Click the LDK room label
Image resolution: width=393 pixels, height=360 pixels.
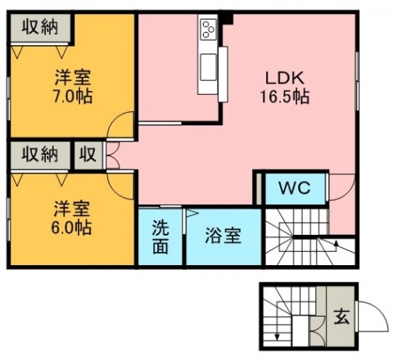pos(285,78)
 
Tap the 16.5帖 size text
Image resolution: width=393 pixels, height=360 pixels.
pos(285,97)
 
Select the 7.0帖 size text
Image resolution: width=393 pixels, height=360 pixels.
pos(73,96)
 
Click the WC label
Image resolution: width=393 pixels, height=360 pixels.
pos(295,187)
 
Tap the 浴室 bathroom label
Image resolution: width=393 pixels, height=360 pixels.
pos(224,236)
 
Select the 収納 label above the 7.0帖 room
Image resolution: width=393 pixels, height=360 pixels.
pos(40,27)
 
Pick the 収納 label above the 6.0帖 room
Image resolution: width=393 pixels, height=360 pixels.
pos(40,154)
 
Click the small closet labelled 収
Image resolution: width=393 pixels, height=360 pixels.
pos(88,155)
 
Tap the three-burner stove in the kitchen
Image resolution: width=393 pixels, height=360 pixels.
pos(209,29)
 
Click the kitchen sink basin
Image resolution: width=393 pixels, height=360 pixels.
pos(209,67)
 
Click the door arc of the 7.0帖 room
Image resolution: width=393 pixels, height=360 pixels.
pos(114,121)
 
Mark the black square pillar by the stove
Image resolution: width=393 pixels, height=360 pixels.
pos(227,19)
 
